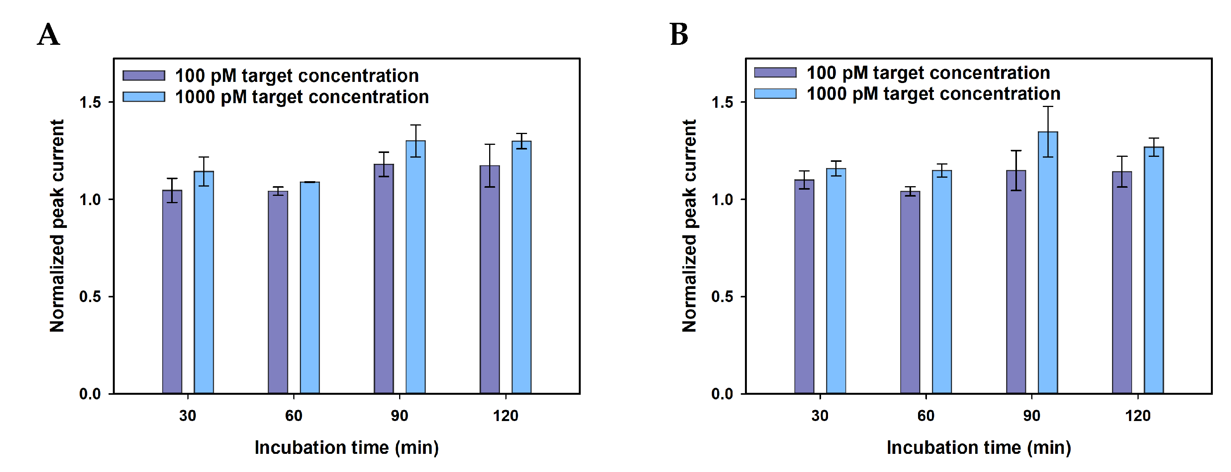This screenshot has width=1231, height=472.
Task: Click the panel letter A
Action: (x=48, y=35)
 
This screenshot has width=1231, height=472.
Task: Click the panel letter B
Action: (x=678, y=35)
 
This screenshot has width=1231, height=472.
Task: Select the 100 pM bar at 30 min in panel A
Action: (x=172, y=291)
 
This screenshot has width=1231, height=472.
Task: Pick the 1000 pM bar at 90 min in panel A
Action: (x=415, y=268)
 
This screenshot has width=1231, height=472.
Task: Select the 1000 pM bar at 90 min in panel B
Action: (x=1047, y=263)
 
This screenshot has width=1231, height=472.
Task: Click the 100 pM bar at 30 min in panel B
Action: (x=804, y=287)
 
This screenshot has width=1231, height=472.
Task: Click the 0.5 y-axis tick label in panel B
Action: (x=722, y=297)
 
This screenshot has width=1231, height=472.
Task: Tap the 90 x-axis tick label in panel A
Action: (x=400, y=416)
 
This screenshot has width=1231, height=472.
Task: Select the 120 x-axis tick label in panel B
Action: (x=1138, y=416)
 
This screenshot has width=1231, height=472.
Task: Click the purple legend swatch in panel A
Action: (x=144, y=75)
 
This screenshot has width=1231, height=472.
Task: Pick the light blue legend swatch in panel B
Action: (x=775, y=93)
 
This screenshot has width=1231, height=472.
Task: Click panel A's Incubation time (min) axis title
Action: (x=347, y=448)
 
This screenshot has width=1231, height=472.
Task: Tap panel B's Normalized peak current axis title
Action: (x=689, y=226)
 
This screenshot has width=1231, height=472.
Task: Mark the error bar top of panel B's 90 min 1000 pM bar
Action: (x=1047, y=107)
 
